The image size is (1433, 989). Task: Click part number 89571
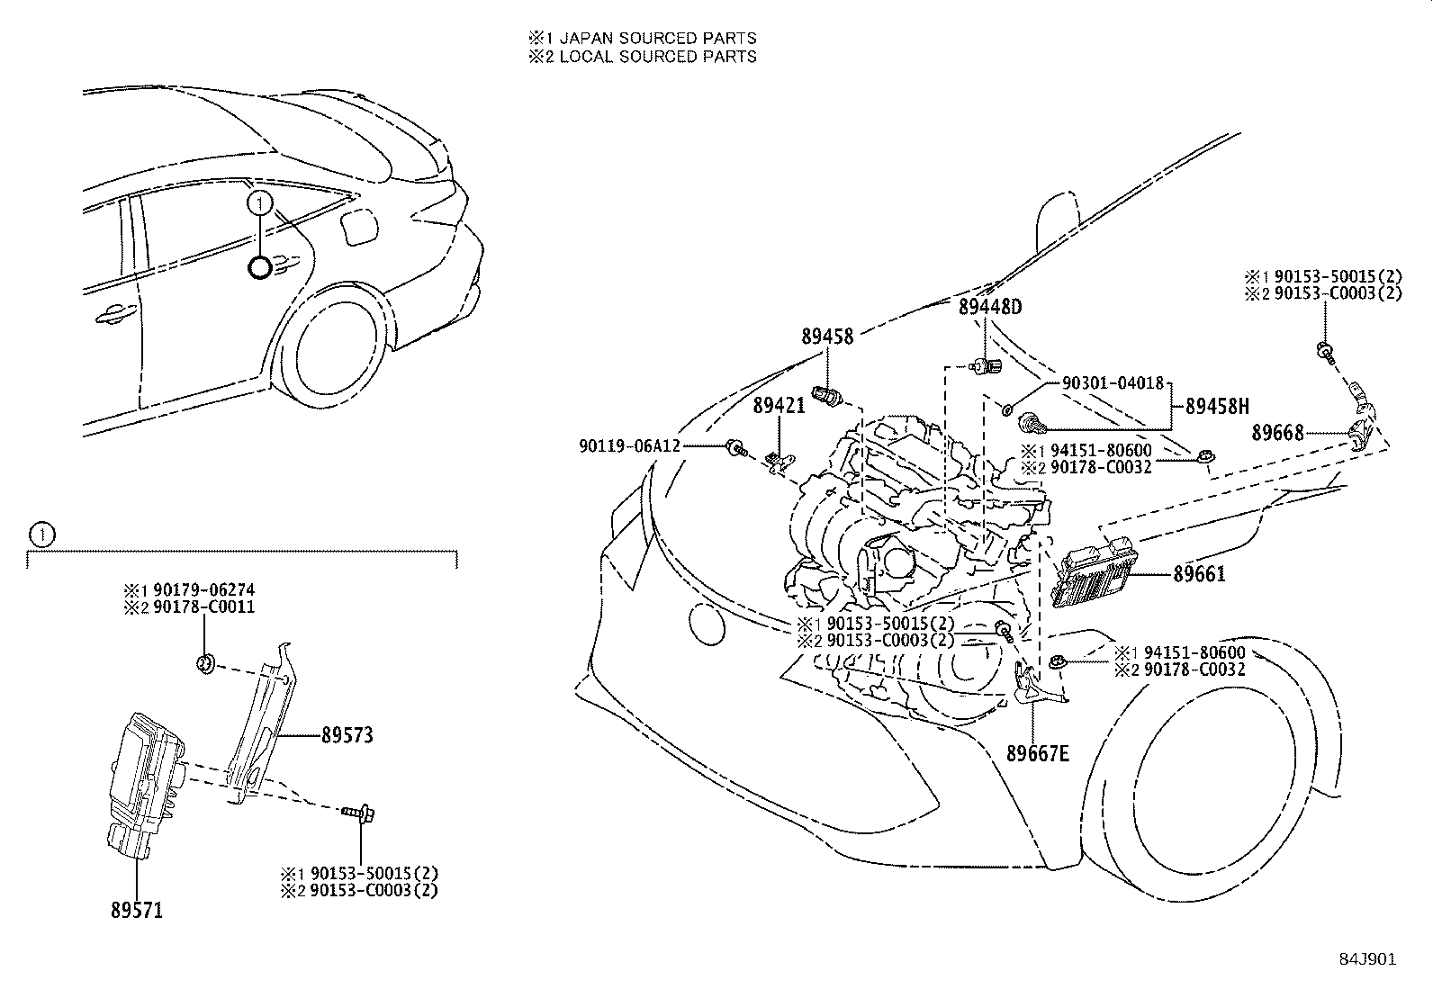[x=137, y=911]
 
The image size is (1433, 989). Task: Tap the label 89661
[x=1199, y=574]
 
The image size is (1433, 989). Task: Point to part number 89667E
[x=1038, y=753]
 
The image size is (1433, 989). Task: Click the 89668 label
[x=1277, y=433]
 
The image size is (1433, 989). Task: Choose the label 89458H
[x=1217, y=406]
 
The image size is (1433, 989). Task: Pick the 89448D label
[x=990, y=307]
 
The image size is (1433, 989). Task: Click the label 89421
[x=779, y=407]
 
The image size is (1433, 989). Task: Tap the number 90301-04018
[x=1113, y=382]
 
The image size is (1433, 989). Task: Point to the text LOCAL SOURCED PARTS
[x=657, y=57]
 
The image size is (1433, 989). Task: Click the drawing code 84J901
[x=1366, y=959]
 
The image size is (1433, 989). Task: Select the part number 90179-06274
[x=203, y=590]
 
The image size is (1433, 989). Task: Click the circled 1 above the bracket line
[x=41, y=535]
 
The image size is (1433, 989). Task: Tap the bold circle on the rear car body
[x=259, y=267]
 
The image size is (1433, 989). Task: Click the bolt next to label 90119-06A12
[x=735, y=446]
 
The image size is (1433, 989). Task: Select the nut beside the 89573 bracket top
[x=205, y=665]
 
